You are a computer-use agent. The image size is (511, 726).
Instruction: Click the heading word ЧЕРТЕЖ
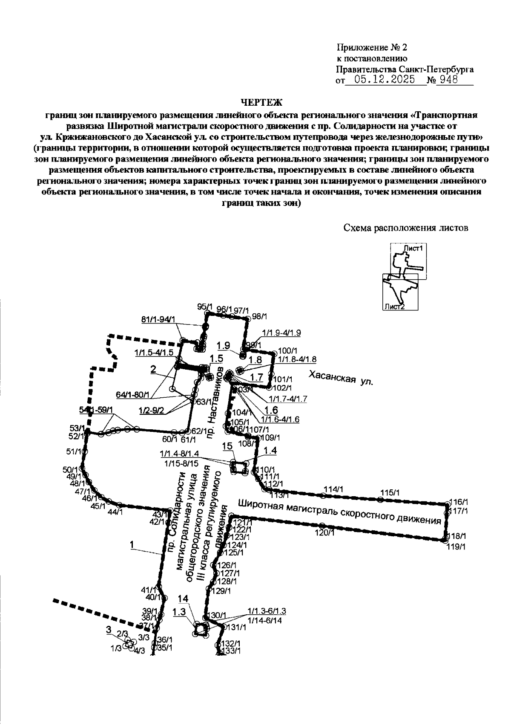pos(261,102)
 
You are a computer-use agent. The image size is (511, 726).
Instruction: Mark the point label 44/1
pos(115,512)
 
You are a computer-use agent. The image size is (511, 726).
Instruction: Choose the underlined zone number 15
pos(227,446)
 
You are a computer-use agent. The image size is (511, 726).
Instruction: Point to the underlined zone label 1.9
pos(223,345)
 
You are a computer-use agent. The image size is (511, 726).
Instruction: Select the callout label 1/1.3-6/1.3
pos(267,611)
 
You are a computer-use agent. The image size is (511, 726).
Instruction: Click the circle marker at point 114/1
pos(323,495)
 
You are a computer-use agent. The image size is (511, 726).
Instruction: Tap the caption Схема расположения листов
pos(406,228)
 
